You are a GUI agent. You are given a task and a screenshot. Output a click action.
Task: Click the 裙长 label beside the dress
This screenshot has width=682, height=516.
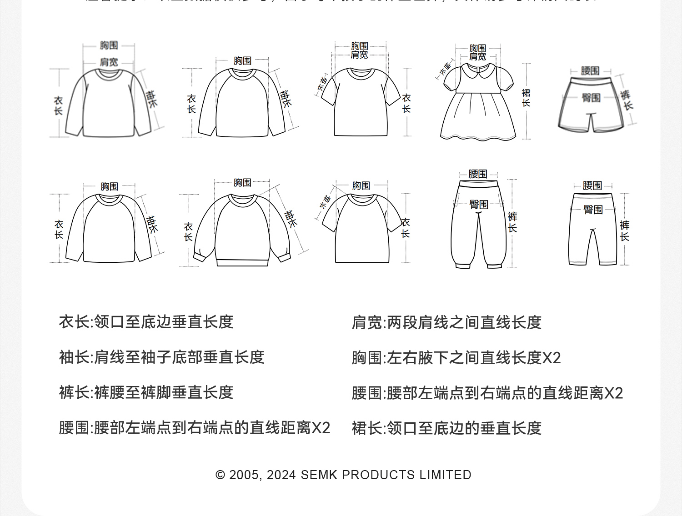click(x=526, y=98)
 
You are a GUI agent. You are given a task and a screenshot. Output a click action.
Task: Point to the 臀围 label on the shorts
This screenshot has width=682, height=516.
click(x=591, y=98)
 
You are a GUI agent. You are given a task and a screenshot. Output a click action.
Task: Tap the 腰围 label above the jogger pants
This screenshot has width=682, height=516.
click(x=477, y=174)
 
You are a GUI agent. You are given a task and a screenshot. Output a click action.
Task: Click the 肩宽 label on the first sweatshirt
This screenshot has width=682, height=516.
click(x=109, y=62)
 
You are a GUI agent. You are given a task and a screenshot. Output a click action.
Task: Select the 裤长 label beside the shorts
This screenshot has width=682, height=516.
click(x=627, y=100)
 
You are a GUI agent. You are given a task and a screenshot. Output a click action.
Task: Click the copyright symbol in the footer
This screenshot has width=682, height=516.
click(x=221, y=475)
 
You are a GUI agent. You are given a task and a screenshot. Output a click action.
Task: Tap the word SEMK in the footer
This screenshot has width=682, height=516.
click(x=319, y=475)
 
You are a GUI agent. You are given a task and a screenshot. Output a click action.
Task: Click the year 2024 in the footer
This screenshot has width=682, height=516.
click(x=281, y=475)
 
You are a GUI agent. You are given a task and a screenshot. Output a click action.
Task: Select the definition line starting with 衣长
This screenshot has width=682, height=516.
click(x=146, y=322)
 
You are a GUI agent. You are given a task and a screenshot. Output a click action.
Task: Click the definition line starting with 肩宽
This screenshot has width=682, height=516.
click(x=446, y=322)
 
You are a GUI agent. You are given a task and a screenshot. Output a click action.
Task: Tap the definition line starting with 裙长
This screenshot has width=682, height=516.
click(x=446, y=428)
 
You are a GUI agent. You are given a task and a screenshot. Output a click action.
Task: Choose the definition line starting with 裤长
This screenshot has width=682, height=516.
click(x=146, y=392)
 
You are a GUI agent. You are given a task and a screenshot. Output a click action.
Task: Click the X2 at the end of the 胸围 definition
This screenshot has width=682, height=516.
click(x=552, y=358)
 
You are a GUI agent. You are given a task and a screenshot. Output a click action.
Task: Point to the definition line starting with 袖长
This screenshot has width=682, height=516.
click(x=161, y=357)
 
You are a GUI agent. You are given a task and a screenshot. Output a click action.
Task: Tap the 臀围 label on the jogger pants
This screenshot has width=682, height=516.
click(x=479, y=205)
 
